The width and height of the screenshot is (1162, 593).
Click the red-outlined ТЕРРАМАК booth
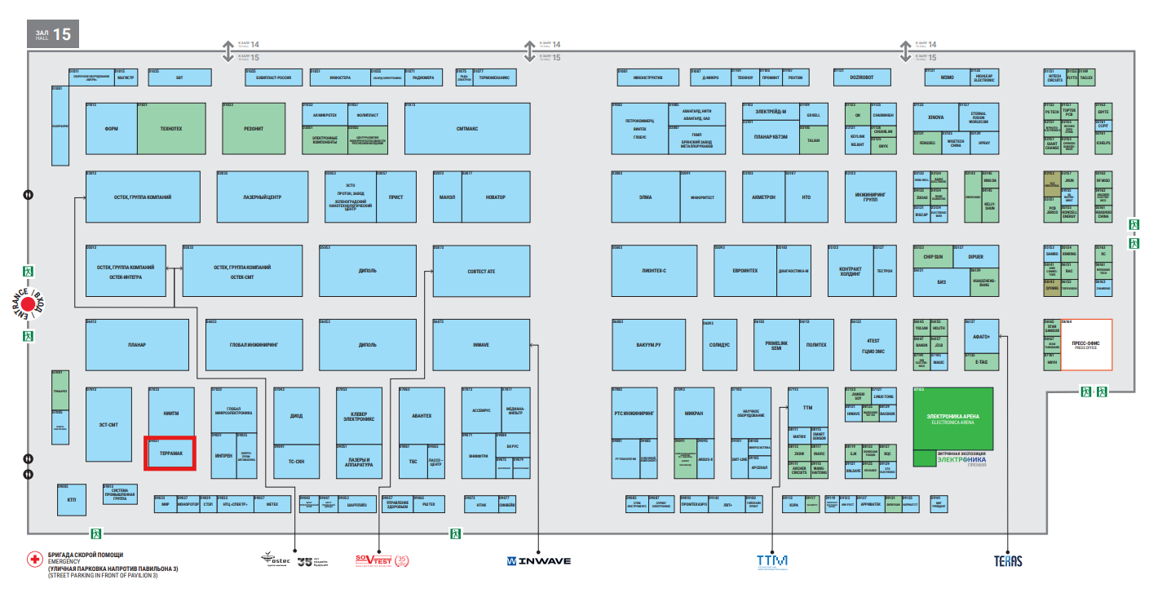(x=170, y=453)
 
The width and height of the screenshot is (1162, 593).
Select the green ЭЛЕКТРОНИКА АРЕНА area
(x=952, y=418)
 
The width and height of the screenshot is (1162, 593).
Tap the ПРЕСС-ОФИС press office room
(x=1085, y=344)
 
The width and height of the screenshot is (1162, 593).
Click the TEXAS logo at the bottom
(x=1008, y=561)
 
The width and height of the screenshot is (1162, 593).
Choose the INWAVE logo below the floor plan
(x=538, y=561)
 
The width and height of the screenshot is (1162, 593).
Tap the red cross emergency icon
(x=34, y=560)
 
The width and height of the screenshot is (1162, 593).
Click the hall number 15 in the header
(x=62, y=35)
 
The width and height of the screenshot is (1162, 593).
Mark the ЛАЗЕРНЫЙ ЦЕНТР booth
(x=262, y=197)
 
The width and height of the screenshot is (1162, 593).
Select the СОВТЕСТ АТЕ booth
(x=481, y=271)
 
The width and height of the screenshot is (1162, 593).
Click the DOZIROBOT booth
(x=861, y=77)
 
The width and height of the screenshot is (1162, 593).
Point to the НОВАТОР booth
(x=495, y=197)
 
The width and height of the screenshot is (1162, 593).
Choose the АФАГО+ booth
(x=981, y=335)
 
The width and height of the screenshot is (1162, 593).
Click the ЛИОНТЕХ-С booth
(x=654, y=271)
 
